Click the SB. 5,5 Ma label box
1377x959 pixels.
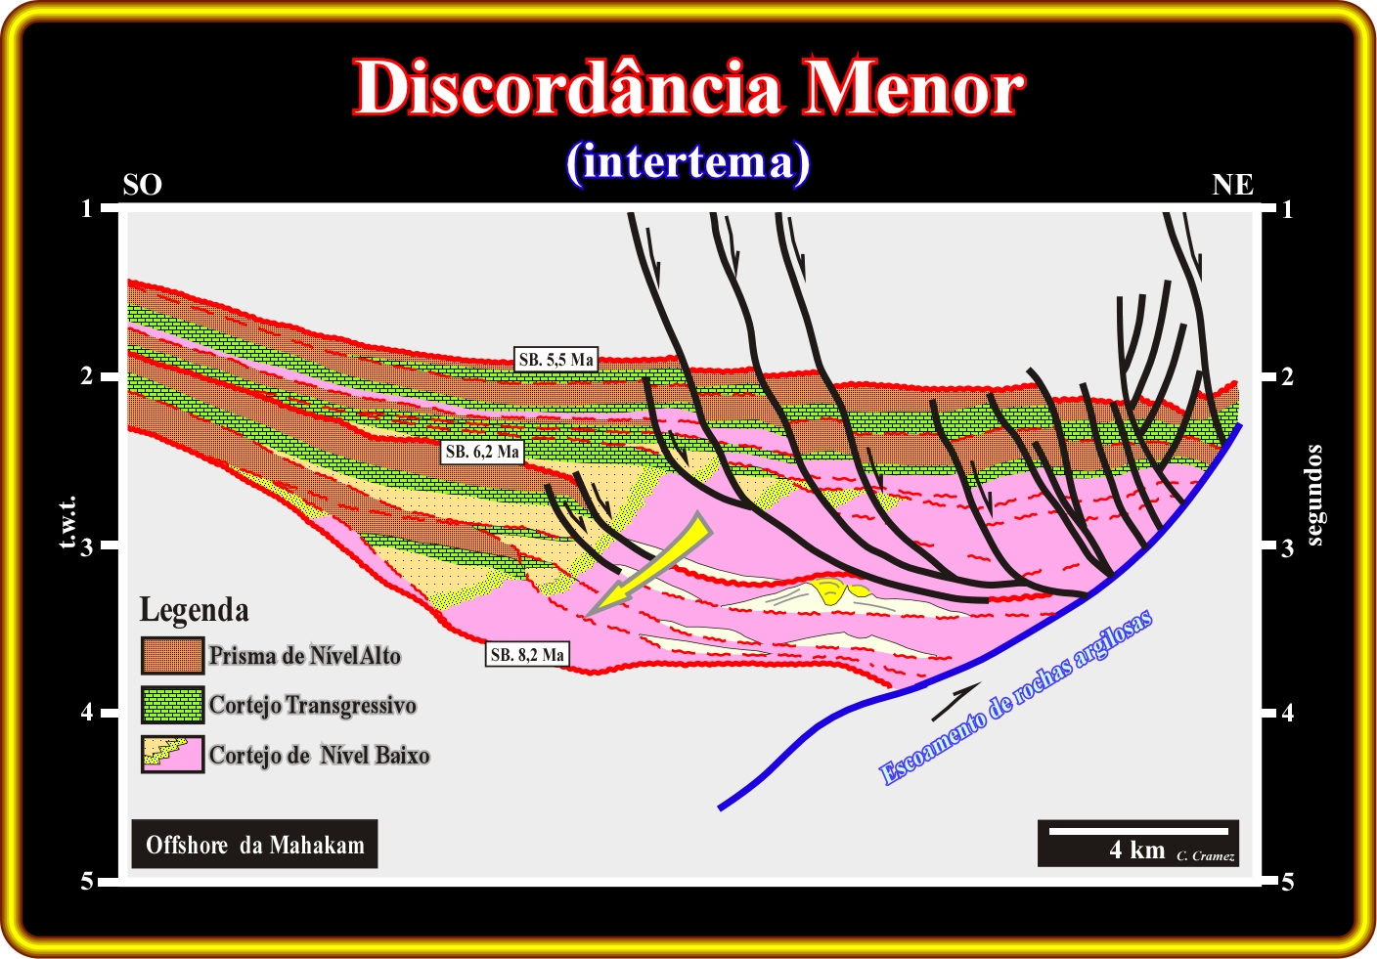point(555,359)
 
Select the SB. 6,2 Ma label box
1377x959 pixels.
point(482,452)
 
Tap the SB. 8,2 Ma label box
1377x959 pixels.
point(527,655)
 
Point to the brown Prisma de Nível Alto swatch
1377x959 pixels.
point(172,656)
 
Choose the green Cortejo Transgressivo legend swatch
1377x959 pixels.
point(172,705)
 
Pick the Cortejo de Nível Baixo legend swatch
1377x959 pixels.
point(172,754)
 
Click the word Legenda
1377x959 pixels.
point(195,610)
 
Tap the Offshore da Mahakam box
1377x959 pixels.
point(254,844)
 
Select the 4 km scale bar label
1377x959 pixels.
point(1137,850)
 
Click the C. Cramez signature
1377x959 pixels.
point(1206,855)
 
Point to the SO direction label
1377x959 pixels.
point(142,185)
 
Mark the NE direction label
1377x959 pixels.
point(1232,185)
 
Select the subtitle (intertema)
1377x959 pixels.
point(688,162)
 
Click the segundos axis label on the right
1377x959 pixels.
point(1313,496)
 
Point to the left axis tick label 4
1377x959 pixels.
point(87,713)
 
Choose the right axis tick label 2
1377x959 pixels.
point(1287,376)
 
